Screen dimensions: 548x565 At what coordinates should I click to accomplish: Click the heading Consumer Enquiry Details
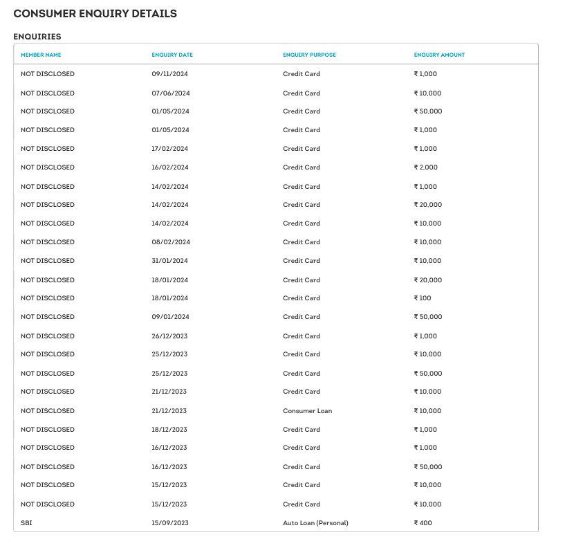click(95, 14)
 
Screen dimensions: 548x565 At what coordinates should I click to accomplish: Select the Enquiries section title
click(37, 36)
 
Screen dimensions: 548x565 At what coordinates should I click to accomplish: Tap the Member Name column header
click(41, 55)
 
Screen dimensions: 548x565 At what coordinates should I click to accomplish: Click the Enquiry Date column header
click(172, 55)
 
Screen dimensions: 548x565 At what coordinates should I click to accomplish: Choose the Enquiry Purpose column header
click(309, 55)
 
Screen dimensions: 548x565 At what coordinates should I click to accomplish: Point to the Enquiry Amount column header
click(439, 55)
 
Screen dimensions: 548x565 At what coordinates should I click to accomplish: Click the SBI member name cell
click(26, 523)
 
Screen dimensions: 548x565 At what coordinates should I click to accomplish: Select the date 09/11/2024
click(170, 74)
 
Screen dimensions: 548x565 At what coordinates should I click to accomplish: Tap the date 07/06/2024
click(170, 93)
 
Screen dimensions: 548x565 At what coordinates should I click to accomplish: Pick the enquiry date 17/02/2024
click(170, 149)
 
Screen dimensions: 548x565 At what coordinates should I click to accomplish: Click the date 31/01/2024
click(170, 261)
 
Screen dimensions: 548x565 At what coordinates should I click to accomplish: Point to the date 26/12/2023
click(169, 336)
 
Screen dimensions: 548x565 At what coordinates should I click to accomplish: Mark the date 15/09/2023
click(169, 523)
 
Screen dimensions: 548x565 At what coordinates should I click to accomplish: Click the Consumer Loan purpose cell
click(307, 411)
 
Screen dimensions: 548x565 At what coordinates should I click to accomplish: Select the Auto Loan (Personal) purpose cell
click(315, 523)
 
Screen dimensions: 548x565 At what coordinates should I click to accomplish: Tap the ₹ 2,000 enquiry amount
click(425, 167)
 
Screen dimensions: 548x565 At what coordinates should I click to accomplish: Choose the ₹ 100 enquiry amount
click(422, 298)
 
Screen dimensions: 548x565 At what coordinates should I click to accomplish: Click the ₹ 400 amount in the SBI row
click(423, 523)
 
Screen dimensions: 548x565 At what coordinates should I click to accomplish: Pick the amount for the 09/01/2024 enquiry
click(427, 317)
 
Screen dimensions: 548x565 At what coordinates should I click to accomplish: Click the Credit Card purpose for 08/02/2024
click(302, 242)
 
